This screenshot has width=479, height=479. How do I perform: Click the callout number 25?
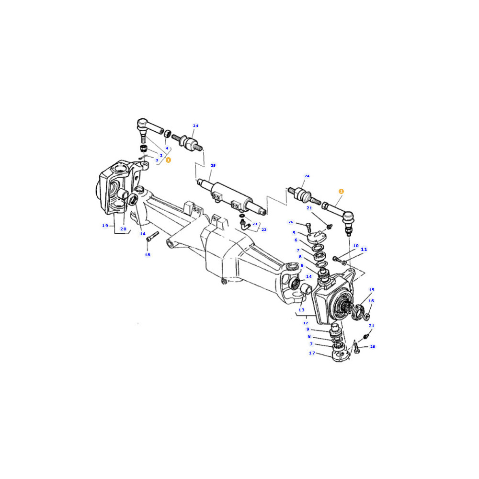213,165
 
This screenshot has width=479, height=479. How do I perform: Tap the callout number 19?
105,226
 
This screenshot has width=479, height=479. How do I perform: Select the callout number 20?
123,229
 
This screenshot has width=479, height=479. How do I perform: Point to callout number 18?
147,255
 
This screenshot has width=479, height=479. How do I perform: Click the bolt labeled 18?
152,236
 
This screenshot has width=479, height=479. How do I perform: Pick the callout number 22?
263,229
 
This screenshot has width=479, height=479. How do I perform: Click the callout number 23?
255,224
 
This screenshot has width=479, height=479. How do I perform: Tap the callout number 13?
301,310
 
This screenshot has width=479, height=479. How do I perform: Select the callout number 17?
312,353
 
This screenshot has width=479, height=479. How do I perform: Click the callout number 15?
372,290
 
